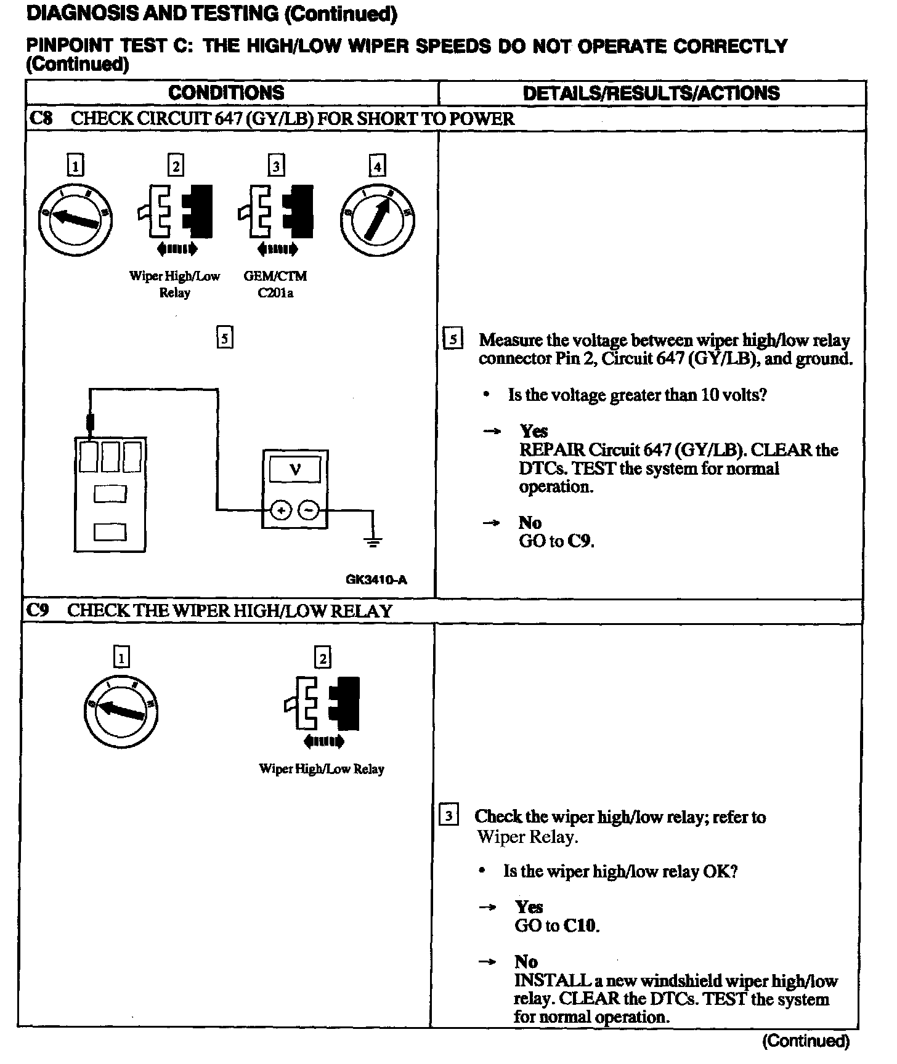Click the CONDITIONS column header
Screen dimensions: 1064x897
point(226,93)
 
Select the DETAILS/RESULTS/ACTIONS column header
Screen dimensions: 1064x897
point(651,94)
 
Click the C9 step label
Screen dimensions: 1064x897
point(38,610)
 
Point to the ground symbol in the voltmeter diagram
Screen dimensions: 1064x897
point(373,541)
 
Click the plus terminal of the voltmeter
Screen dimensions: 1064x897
point(281,510)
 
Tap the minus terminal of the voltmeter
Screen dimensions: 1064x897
point(309,510)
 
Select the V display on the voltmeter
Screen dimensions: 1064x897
point(295,470)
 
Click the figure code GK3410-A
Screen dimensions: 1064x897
point(376,579)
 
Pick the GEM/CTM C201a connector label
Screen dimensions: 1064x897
point(275,284)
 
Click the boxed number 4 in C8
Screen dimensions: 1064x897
point(376,166)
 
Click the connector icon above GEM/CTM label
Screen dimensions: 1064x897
point(276,212)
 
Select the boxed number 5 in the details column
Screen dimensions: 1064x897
point(453,339)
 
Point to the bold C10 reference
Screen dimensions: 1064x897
point(581,925)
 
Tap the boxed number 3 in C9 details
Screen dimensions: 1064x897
point(448,816)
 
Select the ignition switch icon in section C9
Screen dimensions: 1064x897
point(121,712)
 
